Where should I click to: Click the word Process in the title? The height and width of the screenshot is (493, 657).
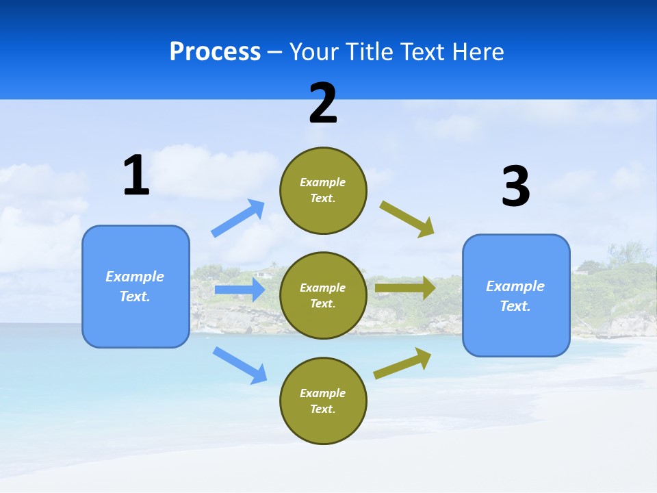[215, 52]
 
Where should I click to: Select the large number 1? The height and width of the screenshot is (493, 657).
[136, 175]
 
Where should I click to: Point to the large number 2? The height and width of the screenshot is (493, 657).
[323, 103]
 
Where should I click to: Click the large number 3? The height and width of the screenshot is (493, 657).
[515, 186]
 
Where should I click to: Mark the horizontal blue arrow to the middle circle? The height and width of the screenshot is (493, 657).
[240, 290]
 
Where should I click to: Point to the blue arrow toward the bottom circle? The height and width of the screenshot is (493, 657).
[240, 364]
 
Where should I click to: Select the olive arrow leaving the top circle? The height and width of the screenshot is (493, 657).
[407, 219]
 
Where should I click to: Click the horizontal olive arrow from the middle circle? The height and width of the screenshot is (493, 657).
[405, 288]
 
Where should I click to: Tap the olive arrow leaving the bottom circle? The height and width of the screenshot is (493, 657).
[402, 364]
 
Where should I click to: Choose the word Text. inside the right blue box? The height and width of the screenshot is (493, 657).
[515, 306]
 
